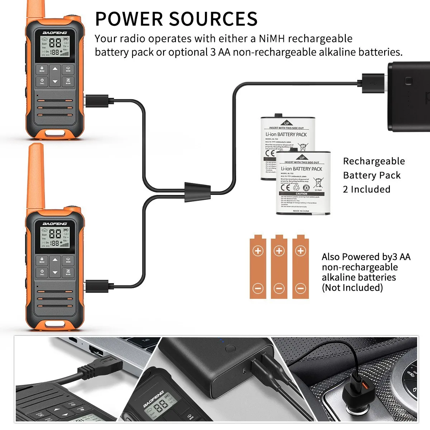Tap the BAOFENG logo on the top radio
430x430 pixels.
(55, 33)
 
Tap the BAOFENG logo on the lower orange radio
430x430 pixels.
(55, 224)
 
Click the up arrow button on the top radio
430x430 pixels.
(55, 69)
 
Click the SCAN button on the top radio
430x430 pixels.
(68, 81)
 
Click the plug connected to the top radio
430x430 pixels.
(97, 101)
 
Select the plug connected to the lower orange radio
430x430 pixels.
(97, 286)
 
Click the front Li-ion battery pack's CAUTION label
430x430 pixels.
(301, 194)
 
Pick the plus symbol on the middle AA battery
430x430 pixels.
(279, 251)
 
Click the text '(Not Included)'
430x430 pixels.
(352, 288)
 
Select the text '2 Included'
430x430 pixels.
(366, 189)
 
